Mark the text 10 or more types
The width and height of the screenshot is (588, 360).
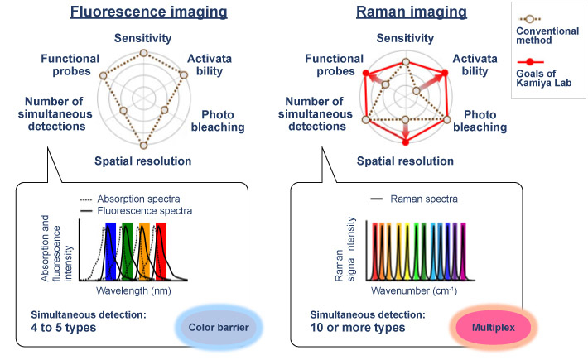click(358, 329)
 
